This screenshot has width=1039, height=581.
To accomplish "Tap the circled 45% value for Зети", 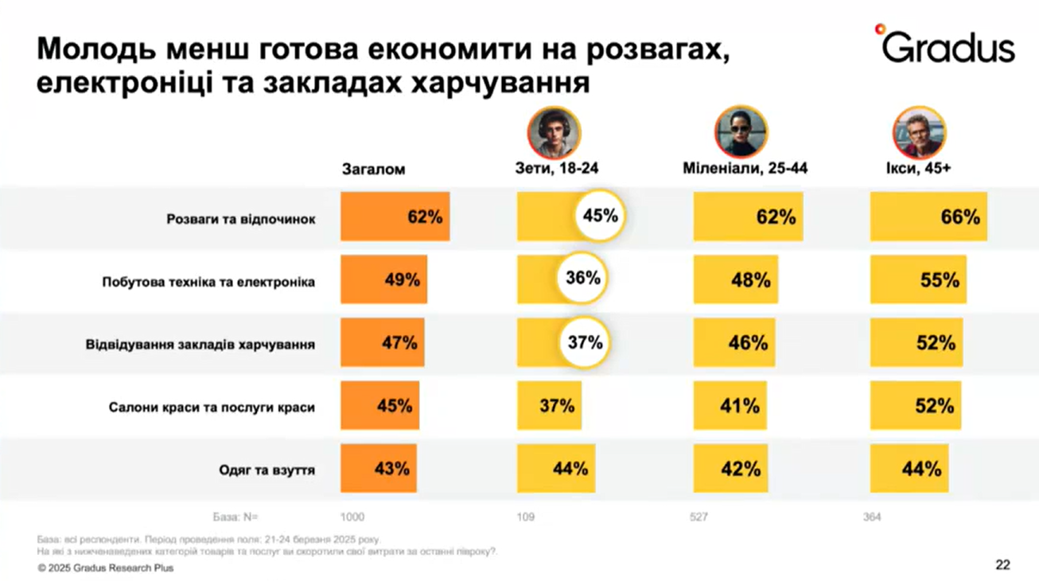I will [x=600, y=215].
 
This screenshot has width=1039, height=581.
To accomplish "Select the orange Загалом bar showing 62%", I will [x=395, y=216].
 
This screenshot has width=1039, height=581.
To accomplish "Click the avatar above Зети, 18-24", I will [x=554, y=132].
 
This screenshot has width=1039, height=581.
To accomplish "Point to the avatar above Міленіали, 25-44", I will [x=741, y=132].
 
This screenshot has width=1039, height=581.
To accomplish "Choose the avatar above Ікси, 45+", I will [x=919, y=132].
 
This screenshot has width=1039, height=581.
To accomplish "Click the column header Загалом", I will [x=373, y=170].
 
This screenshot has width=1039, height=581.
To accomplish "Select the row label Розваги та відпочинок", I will [x=240, y=219].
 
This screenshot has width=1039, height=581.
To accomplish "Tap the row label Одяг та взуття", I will [x=267, y=470].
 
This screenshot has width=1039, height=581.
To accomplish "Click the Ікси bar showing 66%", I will [x=928, y=216].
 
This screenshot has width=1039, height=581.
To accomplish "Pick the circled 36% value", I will [x=582, y=278].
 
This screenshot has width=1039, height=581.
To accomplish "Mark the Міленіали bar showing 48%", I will [x=735, y=280].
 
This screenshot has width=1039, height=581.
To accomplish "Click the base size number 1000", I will [x=352, y=517].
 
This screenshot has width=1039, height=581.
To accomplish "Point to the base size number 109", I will [x=526, y=517].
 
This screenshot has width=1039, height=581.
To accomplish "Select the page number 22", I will [x=1002, y=565].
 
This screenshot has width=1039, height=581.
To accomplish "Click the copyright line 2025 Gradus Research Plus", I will [x=105, y=568].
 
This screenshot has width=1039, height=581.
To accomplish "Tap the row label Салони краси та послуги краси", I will [x=212, y=407].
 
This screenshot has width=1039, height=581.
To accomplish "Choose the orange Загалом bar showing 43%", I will [x=379, y=469].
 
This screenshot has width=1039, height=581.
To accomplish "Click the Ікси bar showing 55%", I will [x=918, y=280].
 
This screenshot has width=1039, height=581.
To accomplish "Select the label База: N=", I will [x=235, y=517].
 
